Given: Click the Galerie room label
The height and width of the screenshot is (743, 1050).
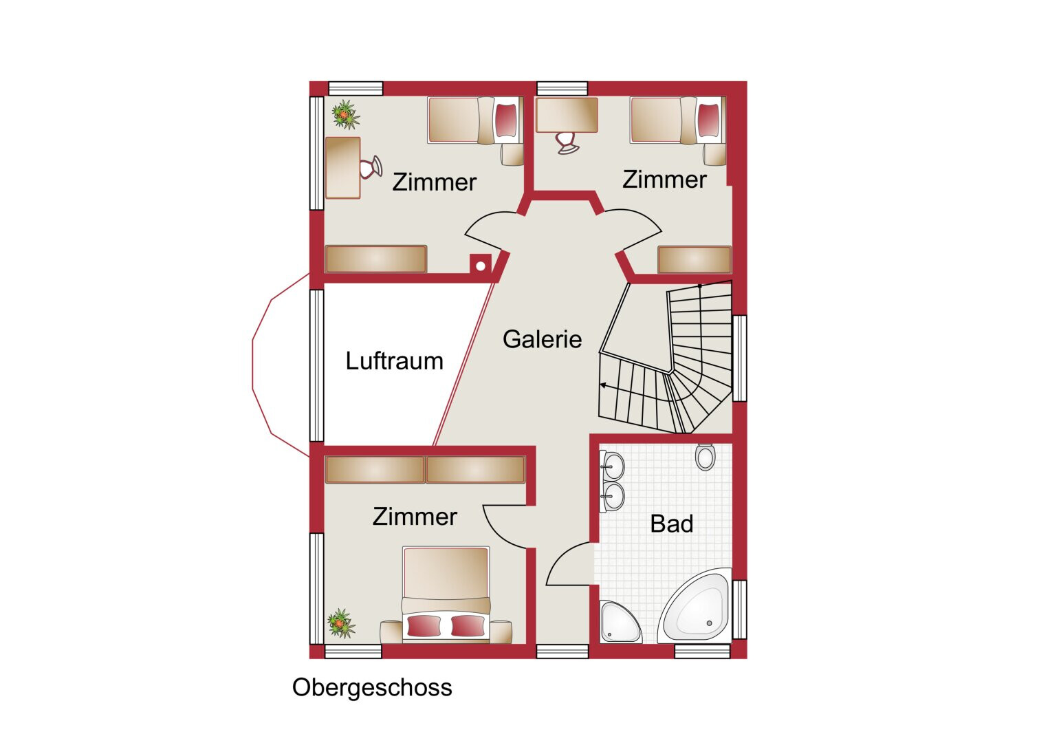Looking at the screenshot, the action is pyautogui.click(x=542, y=339).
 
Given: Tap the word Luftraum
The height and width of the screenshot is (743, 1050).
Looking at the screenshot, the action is pyautogui.click(x=394, y=360).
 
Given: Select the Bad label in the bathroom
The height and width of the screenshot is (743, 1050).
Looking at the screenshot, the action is pyautogui.click(x=671, y=524).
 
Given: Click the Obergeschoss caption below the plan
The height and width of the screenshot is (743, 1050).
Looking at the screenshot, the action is pyautogui.click(x=372, y=688).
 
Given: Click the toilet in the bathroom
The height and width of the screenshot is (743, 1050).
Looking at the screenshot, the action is pyautogui.click(x=705, y=456).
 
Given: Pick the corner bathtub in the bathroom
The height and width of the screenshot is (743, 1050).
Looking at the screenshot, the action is pyautogui.click(x=694, y=605).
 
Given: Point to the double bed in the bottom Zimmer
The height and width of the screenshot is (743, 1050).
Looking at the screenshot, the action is pyautogui.click(x=446, y=594).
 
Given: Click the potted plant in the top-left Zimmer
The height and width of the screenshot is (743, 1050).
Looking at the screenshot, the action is pyautogui.click(x=345, y=114).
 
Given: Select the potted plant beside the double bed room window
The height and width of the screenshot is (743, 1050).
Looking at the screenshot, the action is pyautogui.click(x=341, y=623).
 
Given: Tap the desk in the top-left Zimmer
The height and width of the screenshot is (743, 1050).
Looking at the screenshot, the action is pyautogui.click(x=342, y=167).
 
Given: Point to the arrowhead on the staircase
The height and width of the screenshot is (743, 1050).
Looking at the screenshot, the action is pyautogui.click(x=603, y=385).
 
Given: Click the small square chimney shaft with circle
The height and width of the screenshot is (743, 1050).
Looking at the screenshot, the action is pyautogui.click(x=481, y=265).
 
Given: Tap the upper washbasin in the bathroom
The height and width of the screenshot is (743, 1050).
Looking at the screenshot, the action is pyautogui.click(x=612, y=466).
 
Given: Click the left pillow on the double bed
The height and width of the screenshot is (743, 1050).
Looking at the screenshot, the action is pyautogui.click(x=424, y=626).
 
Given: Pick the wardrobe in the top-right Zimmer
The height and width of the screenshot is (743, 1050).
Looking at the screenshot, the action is pyautogui.click(x=694, y=259).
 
